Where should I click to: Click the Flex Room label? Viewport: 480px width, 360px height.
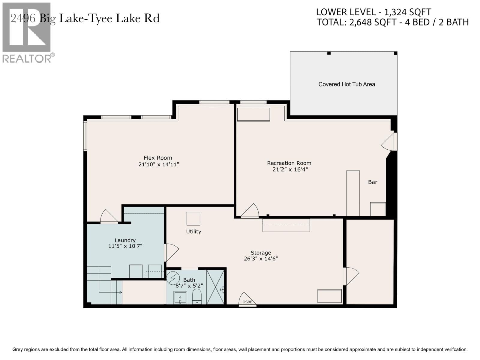tap(158, 158)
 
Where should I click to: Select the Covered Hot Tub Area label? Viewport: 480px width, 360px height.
tap(346, 84)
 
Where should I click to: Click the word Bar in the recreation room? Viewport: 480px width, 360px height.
tap(373, 182)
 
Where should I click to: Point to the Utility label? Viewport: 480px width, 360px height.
tap(193, 231)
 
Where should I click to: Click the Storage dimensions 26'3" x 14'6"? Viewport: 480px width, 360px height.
tap(261, 259)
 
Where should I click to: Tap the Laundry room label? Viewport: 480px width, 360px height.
tap(125, 240)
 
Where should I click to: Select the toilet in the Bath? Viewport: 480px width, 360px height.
tap(197, 297)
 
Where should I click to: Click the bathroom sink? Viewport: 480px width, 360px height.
tap(180, 298)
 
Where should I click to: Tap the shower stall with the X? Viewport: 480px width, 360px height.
tap(215, 287)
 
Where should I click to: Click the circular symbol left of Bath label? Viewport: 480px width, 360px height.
tap(173, 278)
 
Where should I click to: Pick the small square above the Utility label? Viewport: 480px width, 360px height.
tap(193, 218)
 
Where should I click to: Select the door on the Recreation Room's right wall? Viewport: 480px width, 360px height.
tap(389, 142)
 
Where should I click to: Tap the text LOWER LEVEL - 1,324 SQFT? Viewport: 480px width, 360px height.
tap(373, 12)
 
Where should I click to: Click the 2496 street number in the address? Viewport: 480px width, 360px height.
tap(23, 18)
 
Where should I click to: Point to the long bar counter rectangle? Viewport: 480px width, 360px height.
tap(353, 193)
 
